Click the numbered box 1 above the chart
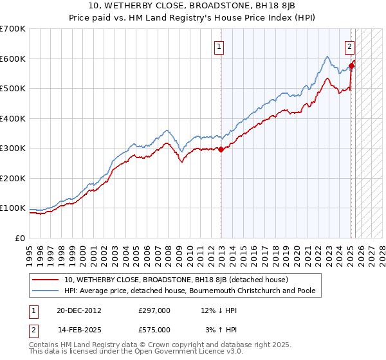(x=219, y=46)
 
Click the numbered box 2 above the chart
(x=349, y=46)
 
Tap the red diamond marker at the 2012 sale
(x=221, y=149)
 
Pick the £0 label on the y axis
(x=19, y=238)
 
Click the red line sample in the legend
(x=46, y=280)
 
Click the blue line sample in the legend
(x=46, y=291)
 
